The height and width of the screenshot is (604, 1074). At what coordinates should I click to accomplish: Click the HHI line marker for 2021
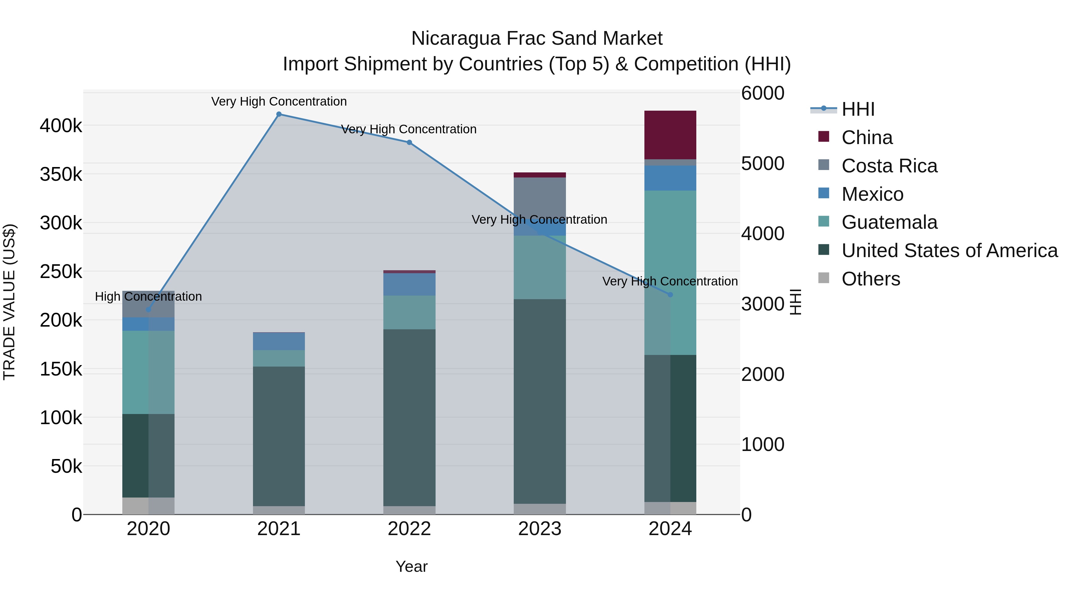click(279, 114)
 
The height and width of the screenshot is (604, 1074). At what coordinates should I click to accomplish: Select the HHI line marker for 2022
click(409, 143)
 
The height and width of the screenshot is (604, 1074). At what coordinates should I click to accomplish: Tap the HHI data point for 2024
click(670, 295)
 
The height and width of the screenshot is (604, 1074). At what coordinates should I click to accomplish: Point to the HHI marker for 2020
click(149, 310)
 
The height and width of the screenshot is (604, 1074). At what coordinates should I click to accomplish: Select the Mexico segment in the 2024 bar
click(670, 178)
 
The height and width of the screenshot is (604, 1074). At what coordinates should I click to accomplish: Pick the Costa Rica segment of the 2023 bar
click(540, 196)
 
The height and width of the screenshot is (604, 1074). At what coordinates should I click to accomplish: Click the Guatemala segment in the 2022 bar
click(409, 312)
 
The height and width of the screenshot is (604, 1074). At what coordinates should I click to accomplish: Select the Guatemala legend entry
click(889, 222)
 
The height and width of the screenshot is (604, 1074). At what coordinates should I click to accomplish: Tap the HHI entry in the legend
click(858, 109)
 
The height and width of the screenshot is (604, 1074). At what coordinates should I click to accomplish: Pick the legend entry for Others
click(871, 279)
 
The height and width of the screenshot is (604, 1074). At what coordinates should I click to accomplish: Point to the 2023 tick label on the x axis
click(540, 529)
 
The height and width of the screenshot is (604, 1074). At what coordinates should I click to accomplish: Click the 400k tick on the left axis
click(61, 126)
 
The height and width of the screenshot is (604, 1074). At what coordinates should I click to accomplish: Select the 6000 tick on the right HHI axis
click(763, 93)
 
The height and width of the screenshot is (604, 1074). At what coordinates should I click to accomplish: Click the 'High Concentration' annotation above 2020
click(149, 296)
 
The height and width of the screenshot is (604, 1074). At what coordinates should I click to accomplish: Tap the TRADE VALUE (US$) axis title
click(9, 302)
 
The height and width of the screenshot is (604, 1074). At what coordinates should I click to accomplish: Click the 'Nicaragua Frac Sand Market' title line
click(537, 38)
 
